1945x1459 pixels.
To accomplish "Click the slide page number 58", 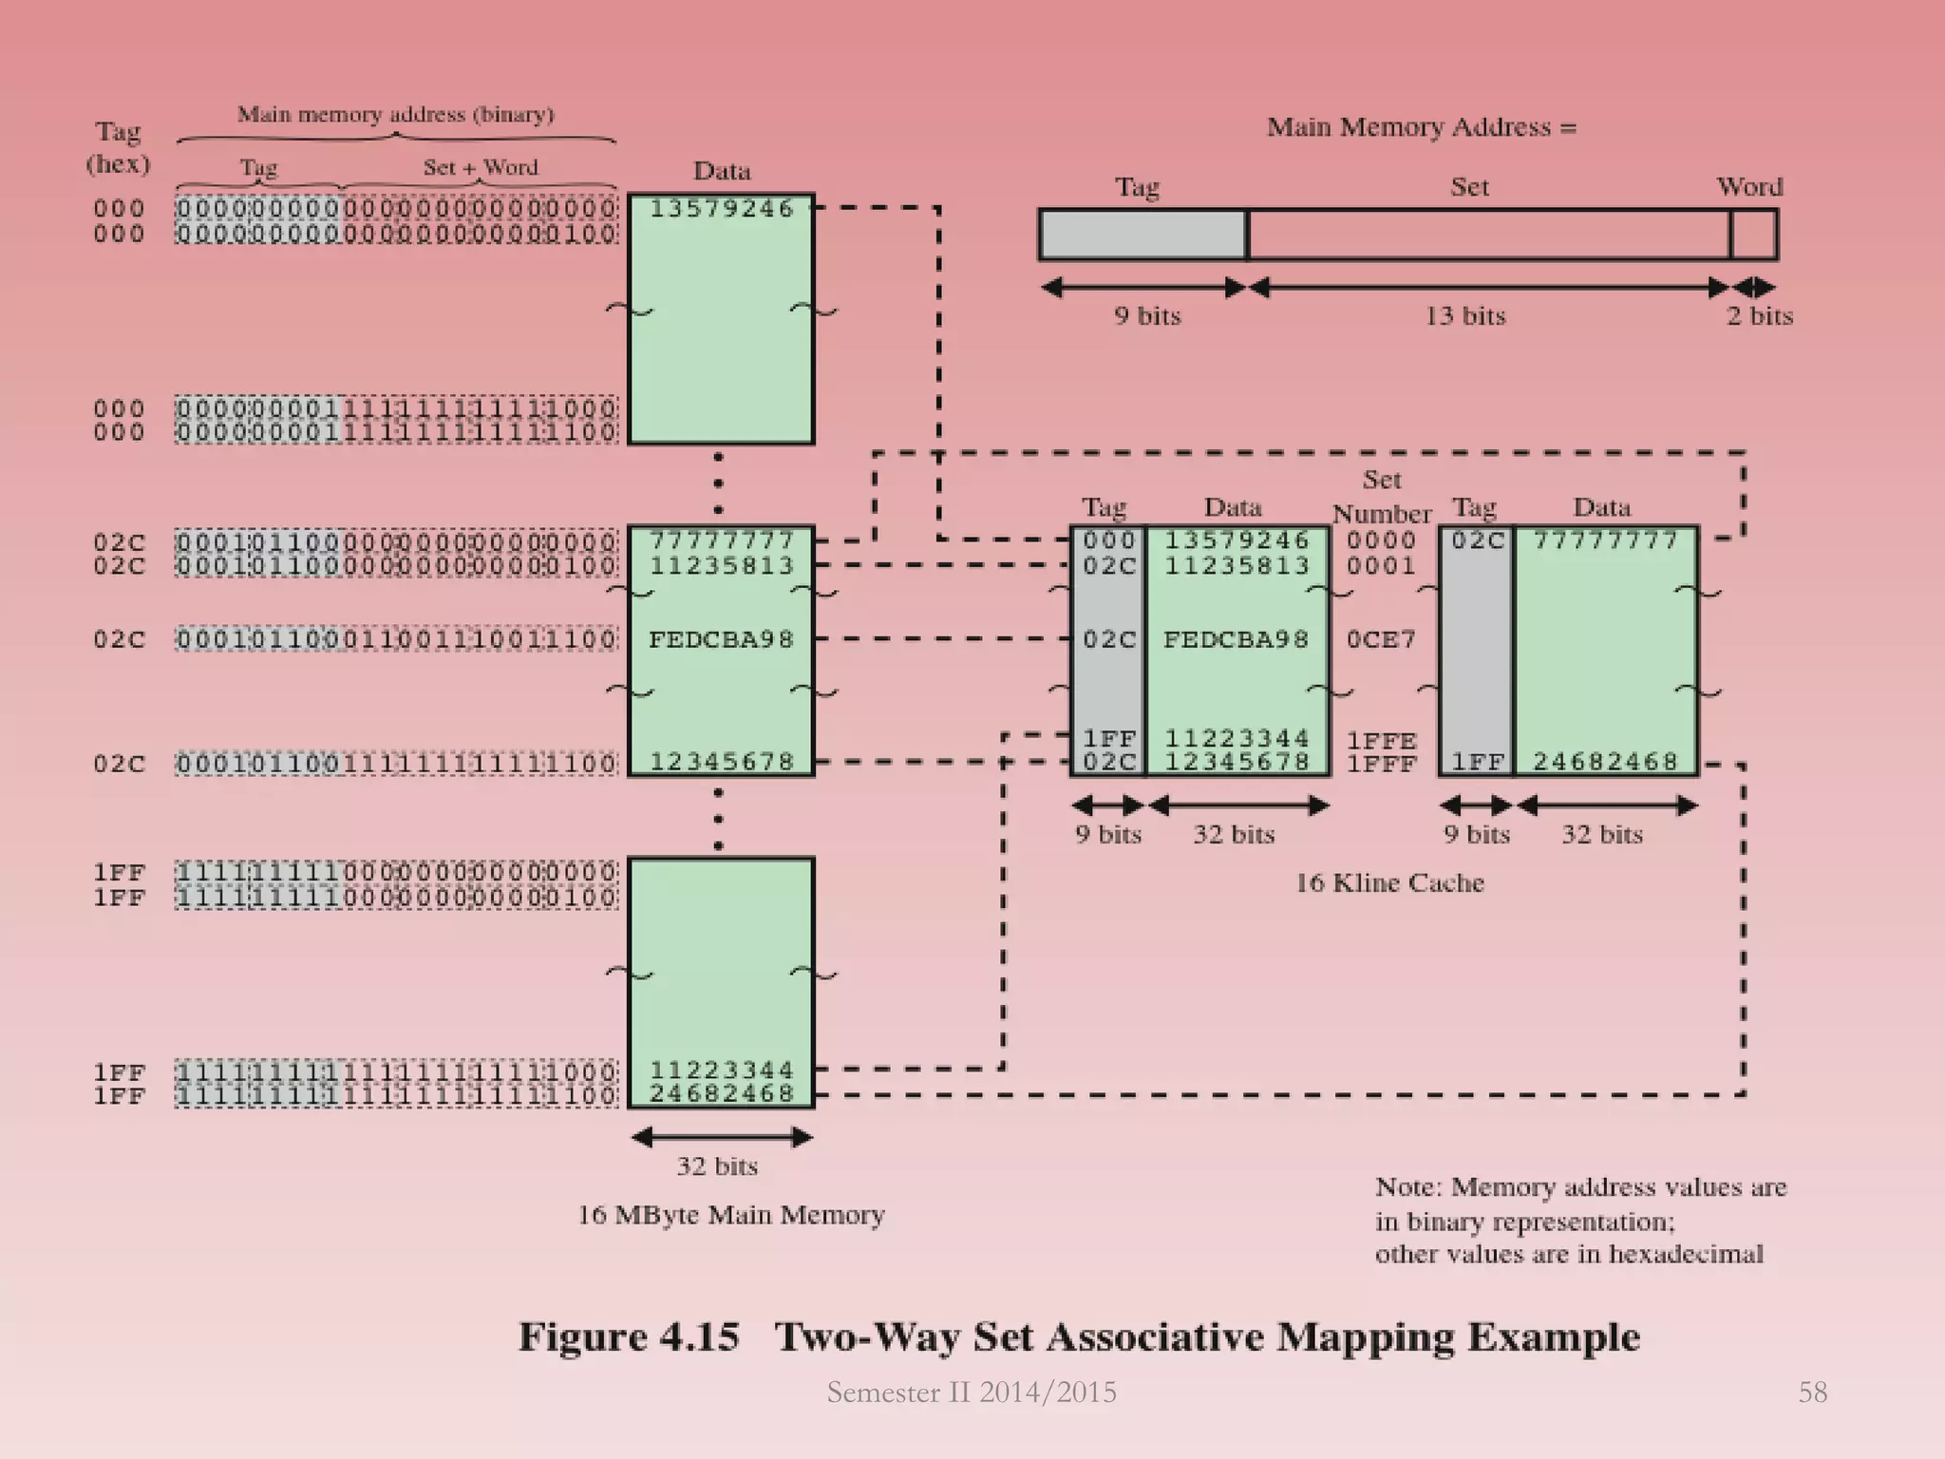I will (x=1812, y=1392).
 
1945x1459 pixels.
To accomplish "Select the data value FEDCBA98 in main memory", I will (x=721, y=639).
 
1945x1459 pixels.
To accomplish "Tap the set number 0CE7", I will (x=1381, y=639).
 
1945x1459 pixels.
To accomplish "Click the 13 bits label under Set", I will (x=1464, y=315).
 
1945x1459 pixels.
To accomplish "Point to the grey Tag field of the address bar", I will (x=1142, y=235).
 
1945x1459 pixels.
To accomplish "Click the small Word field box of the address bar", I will (x=1753, y=235).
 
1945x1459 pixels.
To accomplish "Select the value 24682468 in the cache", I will (x=1605, y=762).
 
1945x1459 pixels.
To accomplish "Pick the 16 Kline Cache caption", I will (x=1389, y=882).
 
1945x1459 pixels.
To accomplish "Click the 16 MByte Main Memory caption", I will (x=731, y=1215).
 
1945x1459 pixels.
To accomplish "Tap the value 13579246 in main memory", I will (x=721, y=209).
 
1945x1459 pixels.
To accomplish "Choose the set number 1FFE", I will (x=1381, y=740).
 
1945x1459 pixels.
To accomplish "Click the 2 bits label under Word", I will (x=1759, y=315).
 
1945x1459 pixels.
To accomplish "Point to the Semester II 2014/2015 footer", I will (x=972, y=1392).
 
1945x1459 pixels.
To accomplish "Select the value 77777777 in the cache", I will (x=1605, y=540).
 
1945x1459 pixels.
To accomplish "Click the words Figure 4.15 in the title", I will (x=629, y=1336).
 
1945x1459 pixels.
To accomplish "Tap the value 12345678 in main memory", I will (x=721, y=762).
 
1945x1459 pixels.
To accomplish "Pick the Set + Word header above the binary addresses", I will (x=481, y=167).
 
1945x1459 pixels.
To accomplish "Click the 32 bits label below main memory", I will (x=717, y=1165).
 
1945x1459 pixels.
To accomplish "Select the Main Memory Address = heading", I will (x=1421, y=127).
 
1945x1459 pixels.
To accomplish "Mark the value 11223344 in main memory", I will (x=721, y=1071).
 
